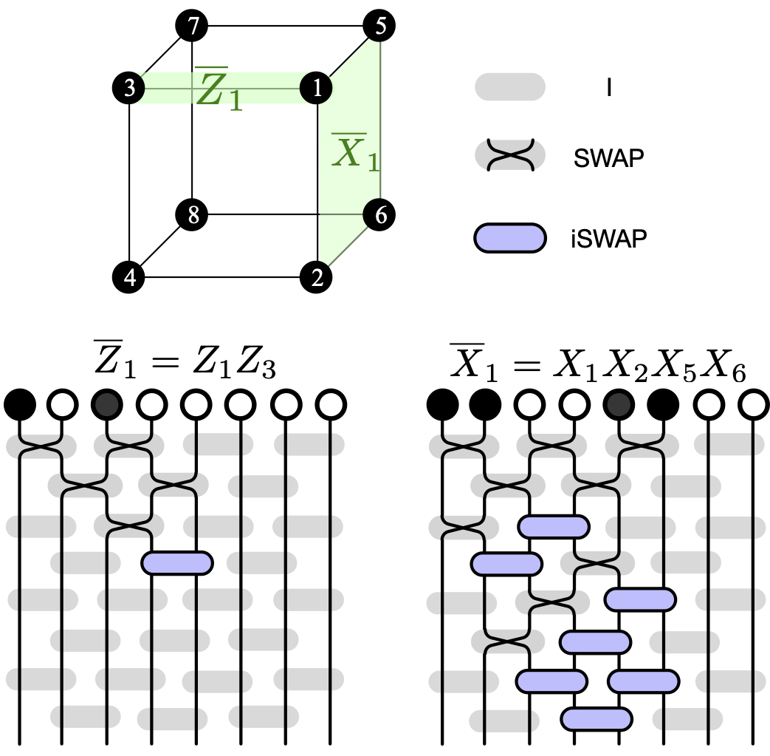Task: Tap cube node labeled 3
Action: [x=129, y=89]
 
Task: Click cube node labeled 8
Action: [x=192, y=215]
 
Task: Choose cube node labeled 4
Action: [x=129, y=278]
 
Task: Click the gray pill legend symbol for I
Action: [x=510, y=86]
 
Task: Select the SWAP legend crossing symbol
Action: [x=510, y=156]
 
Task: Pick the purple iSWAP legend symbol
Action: [x=510, y=238]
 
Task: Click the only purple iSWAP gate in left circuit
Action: [x=177, y=562]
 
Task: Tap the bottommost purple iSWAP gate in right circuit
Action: [x=597, y=718]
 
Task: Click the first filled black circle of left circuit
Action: [x=20, y=404]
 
